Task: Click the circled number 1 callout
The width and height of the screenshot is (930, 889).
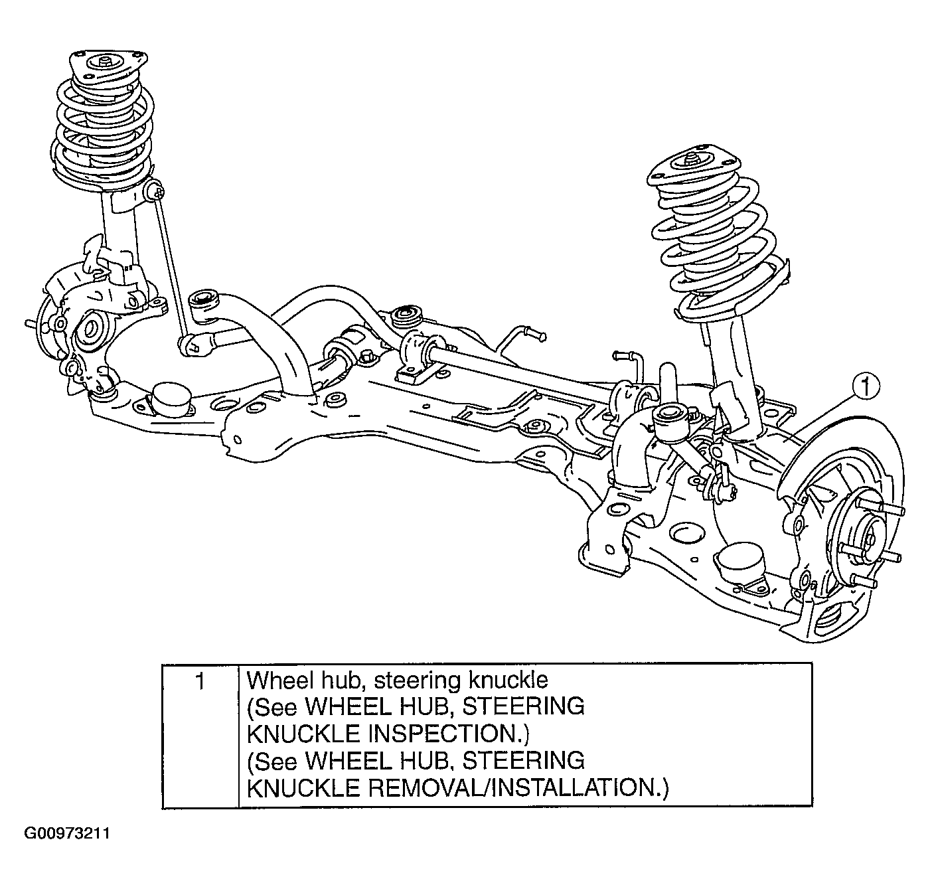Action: pos(867,386)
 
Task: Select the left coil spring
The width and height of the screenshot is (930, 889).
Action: pos(103,129)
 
